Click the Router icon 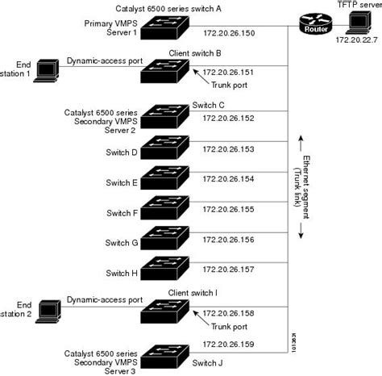pyautogui.click(x=313, y=24)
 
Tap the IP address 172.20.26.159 pyautogui.click(x=229, y=345)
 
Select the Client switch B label pyautogui.click(x=195, y=52)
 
